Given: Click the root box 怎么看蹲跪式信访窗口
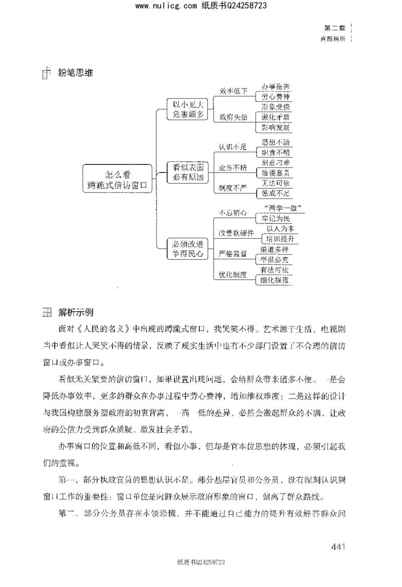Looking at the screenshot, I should (x=119, y=180).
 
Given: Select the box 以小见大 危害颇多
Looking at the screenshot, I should (x=187, y=110).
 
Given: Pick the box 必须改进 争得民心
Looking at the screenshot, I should (x=187, y=249).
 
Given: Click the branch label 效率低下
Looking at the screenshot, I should (x=233, y=91).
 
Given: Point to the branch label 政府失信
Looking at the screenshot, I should (x=233, y=117).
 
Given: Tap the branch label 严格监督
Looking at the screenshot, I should (x=233, y=254).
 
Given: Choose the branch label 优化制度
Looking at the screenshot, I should (x=233, y=275).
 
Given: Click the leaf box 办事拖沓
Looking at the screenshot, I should (x=273, y=87).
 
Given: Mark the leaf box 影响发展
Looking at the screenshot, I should (x=273, y=127).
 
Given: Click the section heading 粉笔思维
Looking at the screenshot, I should (x=73, y=74).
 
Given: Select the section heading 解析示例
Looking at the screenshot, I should (x=75, y=313).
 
